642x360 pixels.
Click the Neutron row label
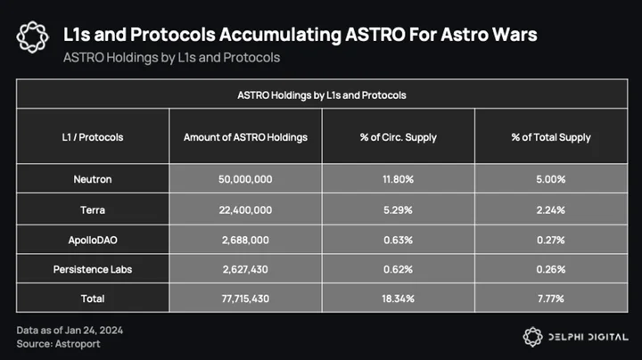click(93, 179)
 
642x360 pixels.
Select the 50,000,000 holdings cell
click(245, 179)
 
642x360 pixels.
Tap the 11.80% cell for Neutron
click(398, 179)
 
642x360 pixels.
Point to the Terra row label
click(93, 210)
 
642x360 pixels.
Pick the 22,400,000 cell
click(245, 210)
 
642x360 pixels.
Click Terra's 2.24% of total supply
click(551, 210)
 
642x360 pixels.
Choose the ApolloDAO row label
click(93, 240)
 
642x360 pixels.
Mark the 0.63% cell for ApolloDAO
click(398, 240)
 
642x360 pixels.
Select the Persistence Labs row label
click(93, 269)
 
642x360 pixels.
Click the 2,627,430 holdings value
click(245, 269)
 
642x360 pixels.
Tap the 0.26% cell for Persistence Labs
click(551, 269)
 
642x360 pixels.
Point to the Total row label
click(93, 299)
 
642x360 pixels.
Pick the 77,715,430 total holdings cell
click(245, 299)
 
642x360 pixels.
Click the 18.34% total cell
click(398, 299)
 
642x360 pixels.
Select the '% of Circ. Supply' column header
click(398, 137)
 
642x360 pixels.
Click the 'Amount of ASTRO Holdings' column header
click(245, 137)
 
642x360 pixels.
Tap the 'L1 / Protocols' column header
click(93, 137)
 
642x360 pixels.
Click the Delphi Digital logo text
click(588, 337)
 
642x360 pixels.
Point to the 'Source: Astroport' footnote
click(58, 344)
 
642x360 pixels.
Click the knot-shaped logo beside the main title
click(33, 37)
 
